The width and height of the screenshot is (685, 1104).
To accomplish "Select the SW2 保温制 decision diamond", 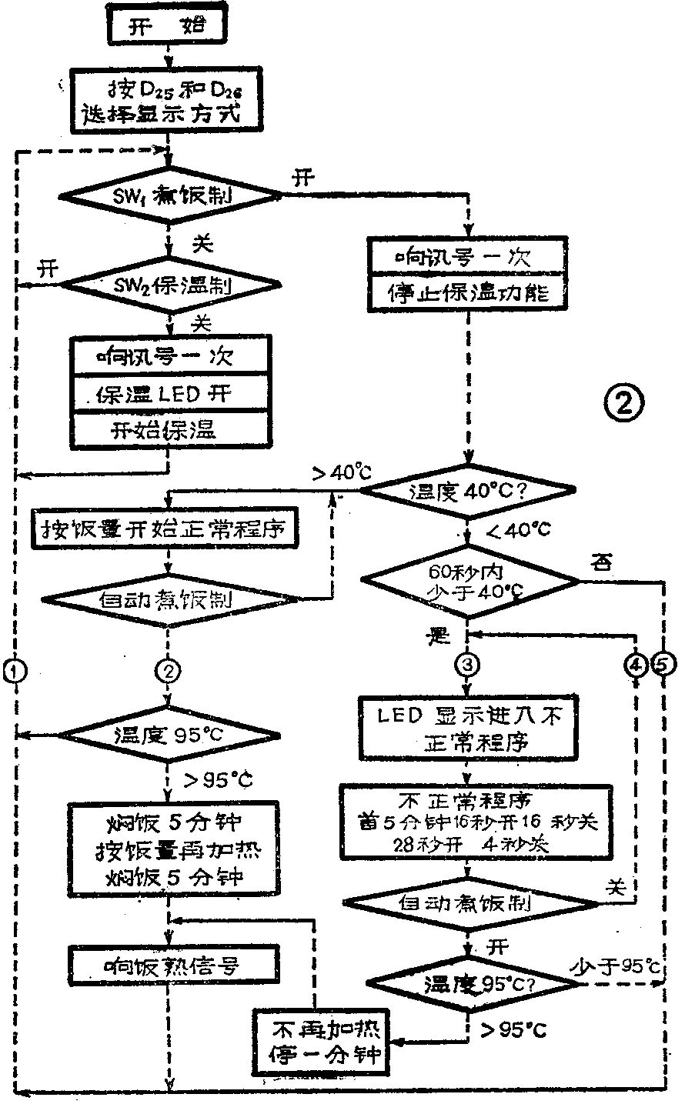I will pos(170,285).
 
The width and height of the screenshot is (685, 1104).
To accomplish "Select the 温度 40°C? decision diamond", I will pos(467,489).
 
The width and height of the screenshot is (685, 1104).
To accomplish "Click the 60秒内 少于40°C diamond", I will pos(473,582).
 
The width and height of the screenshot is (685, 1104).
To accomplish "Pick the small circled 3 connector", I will pos(467,664).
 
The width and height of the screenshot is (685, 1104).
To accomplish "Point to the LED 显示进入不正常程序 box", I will pos(467,727).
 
